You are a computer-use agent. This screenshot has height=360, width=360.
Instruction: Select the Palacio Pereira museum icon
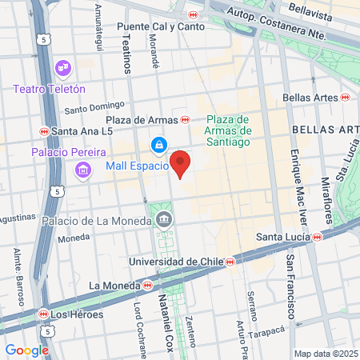pyautogui.click(x=82, y=170)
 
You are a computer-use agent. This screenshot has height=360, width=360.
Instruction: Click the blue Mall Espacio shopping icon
pyautogui.click(x=159, y=145)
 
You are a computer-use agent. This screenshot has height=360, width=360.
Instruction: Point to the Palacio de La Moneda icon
pyautogui.click(x=164, y=218)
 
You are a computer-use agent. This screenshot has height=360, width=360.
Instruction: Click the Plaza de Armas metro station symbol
pyautogui.click(x=185, y=120)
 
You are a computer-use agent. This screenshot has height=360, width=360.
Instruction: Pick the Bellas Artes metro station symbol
pyautogui.click(x=345, y=98)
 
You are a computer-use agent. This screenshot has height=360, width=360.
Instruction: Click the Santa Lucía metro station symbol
pyautogui.click(x=318, y=237)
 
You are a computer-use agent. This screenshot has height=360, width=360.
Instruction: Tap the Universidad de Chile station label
pyautogui.click(x=177, y=261)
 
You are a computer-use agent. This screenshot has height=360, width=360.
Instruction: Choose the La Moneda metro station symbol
pyautogui.click(x=147, y=285)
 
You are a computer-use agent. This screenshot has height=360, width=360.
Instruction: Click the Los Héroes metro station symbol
pyautogui.click(x=43, y=314)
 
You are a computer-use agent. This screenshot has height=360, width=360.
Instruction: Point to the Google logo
pyautogui.click(x=26, y=350)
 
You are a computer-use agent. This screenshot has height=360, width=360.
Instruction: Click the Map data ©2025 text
pyautogui.click(x=326, y=354)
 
